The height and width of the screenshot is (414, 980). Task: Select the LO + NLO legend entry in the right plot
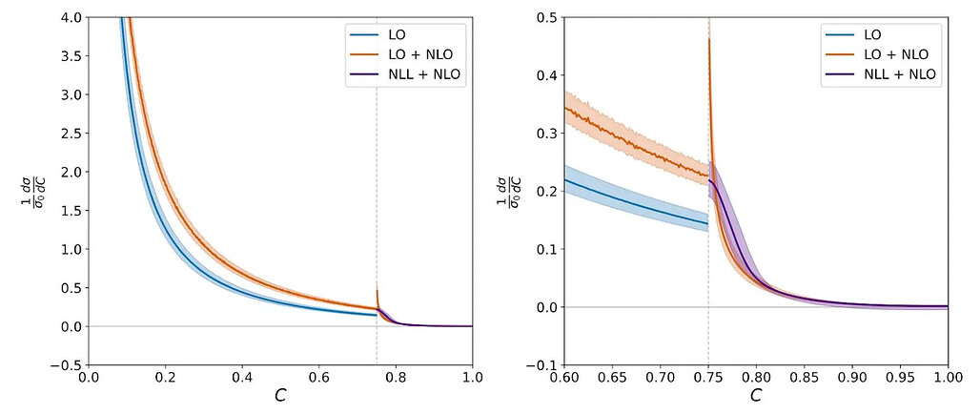pos(877,55)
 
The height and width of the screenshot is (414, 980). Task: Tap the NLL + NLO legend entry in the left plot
pos(404,74)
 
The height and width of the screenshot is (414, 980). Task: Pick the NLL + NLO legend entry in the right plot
pos(881,74)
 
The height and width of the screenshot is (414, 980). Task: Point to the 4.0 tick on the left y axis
pos(72,17)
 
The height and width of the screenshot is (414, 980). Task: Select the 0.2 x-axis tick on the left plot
pos(166,378)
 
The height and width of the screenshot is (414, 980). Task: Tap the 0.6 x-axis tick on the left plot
pos(319,378)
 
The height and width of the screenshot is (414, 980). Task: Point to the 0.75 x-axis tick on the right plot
pos(708,378)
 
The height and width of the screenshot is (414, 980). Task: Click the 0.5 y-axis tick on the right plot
pos(549,17)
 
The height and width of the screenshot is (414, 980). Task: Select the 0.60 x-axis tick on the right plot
pos(565,378)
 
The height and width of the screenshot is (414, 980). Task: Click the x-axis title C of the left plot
pos(280,395)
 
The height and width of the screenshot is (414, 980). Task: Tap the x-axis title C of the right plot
pos(756,395)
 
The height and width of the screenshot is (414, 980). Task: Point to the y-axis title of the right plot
pos(507,192)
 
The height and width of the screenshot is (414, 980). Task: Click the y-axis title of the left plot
pos(30,192)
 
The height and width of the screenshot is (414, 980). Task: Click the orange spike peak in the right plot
pos(708,39)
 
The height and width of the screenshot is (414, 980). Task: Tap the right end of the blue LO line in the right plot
pos(708,223)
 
